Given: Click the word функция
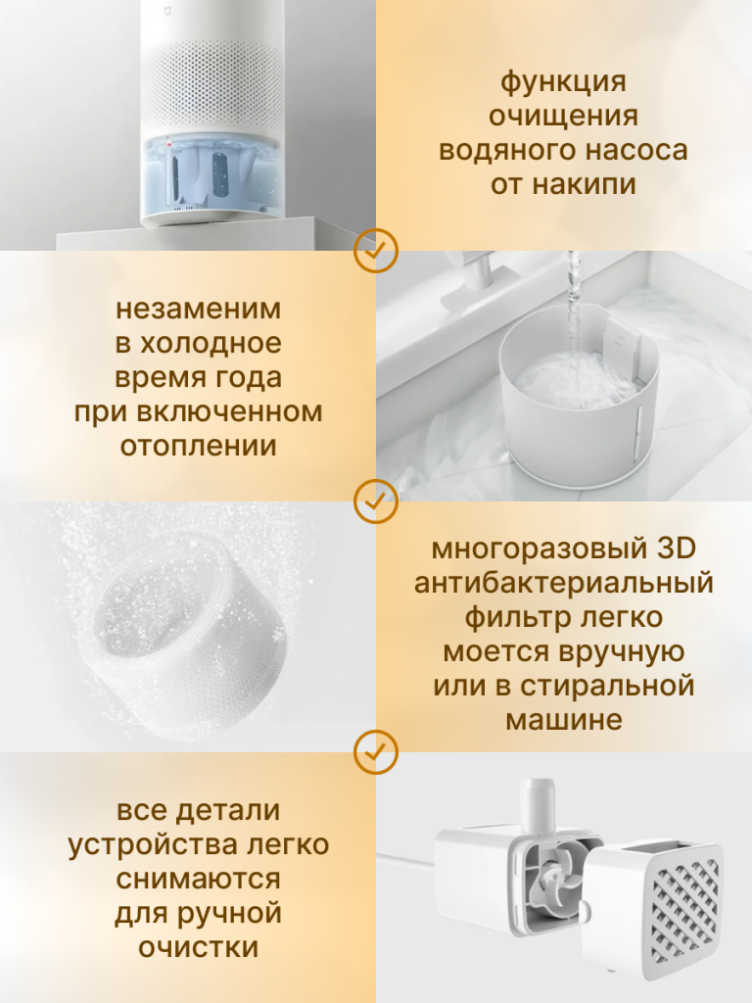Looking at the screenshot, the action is point(563,83).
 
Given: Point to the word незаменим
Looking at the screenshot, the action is point(198,309).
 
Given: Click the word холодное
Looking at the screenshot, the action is point(211,344).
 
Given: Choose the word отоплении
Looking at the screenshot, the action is point(198,446).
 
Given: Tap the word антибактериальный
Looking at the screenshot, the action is point(563,584).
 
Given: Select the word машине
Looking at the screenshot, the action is point(563,720).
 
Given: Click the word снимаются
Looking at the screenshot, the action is point(198,880).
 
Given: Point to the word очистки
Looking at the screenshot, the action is point(198,948).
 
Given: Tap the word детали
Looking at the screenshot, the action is point(228,811).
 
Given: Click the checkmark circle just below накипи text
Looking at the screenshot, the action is point(376,251).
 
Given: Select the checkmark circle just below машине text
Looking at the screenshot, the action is point(376,752).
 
